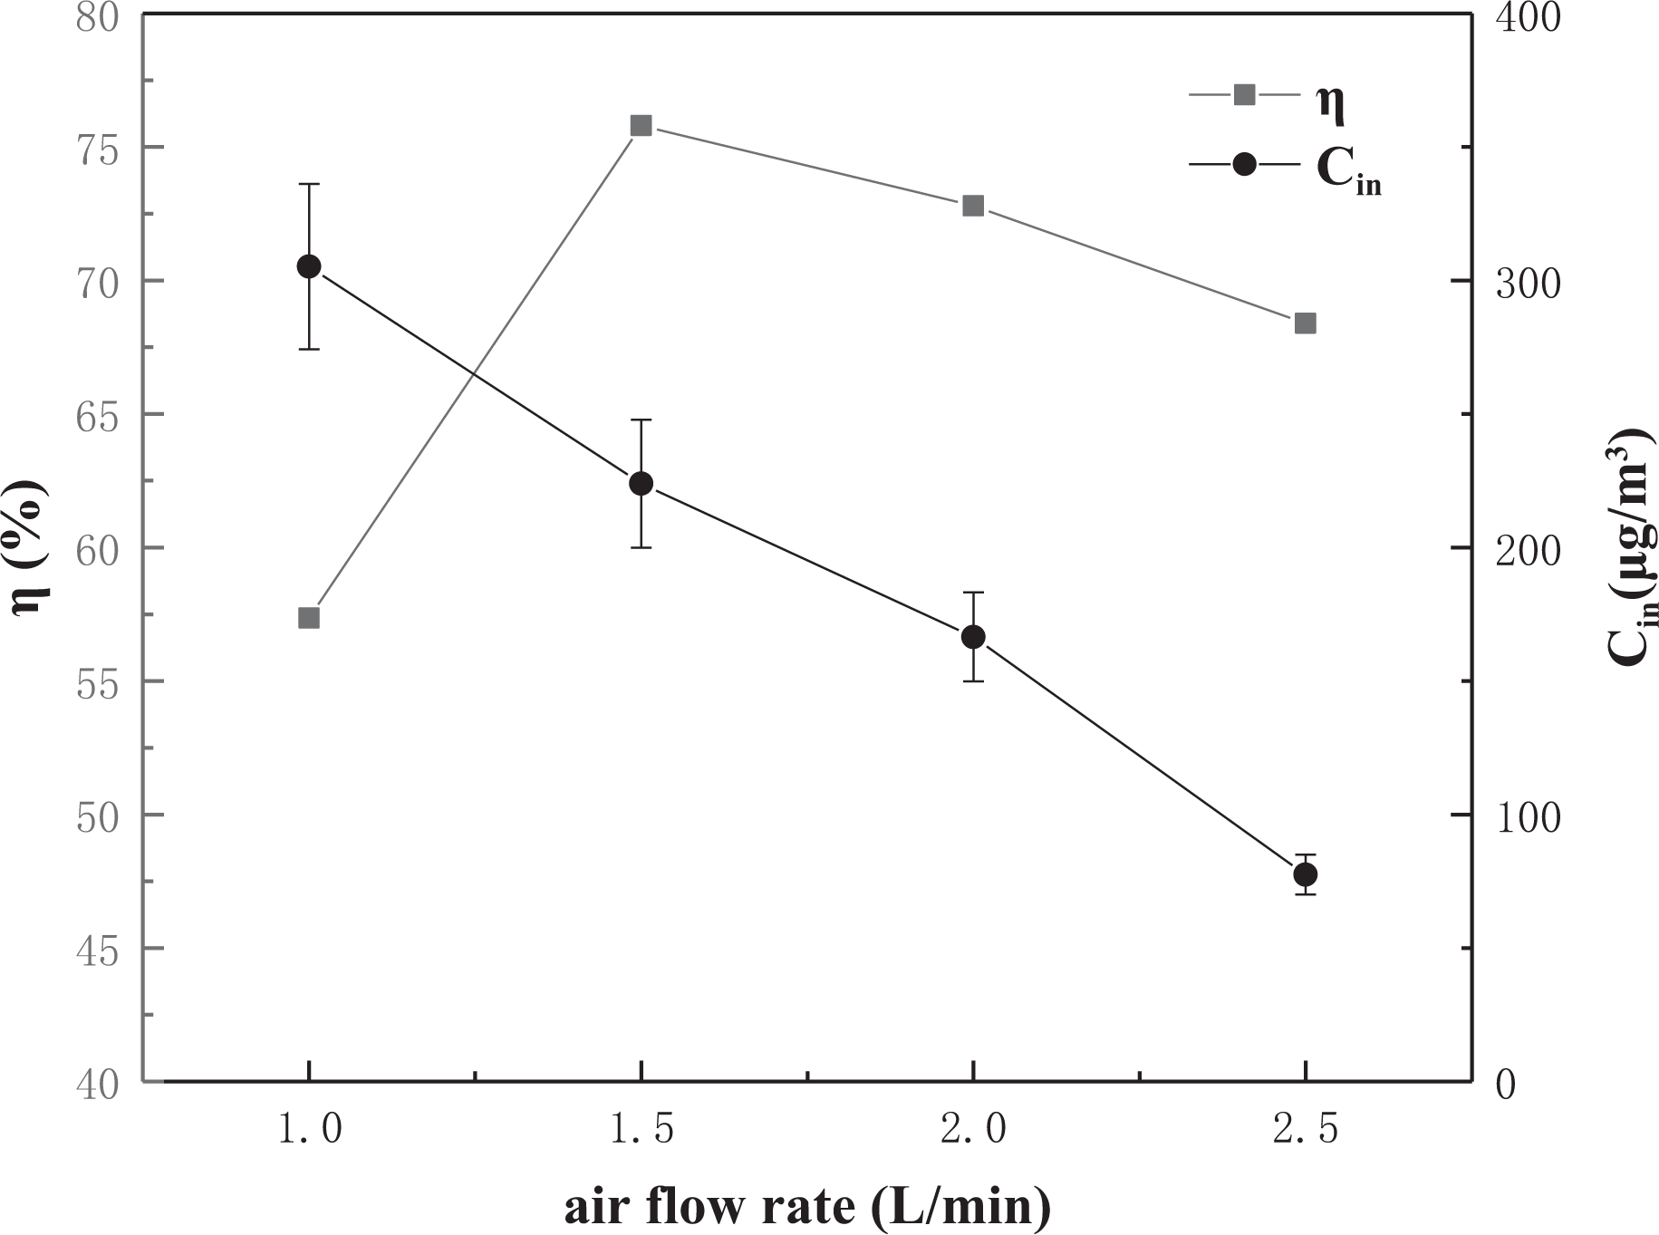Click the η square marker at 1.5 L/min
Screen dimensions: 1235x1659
(641, 125)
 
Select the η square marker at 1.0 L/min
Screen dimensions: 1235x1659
(309, 618)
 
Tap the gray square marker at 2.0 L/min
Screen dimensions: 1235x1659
(973, 206)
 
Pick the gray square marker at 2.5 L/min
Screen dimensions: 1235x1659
(1305, 323)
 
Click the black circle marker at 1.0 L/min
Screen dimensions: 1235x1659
(309, 266)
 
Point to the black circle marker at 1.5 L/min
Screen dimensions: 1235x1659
(641, 483)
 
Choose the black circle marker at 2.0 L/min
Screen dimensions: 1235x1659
(973, 637)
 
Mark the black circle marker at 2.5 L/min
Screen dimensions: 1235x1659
(1305, 874)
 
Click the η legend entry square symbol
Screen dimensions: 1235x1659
(1245, 93)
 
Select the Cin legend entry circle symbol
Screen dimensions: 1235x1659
(1245, 164)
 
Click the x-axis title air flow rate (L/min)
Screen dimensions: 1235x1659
(807, 1207)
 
